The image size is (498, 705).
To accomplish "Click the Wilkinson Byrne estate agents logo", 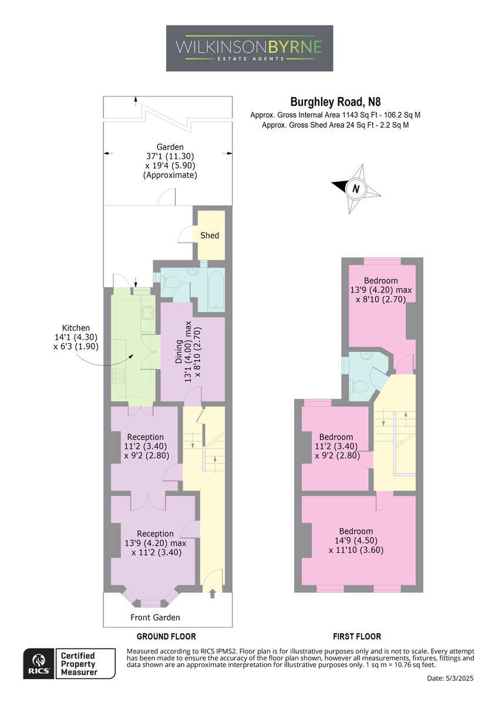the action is (x=249, y=48).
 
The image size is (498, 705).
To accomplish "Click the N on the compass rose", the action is (x=356, y=189).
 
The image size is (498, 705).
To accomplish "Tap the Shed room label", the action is (x=210, y=236).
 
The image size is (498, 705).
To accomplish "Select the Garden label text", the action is (x=170, y=147).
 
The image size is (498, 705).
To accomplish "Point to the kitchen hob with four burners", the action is (x=119, y=376).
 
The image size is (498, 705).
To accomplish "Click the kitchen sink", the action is (x=147, y=313).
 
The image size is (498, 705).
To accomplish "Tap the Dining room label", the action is (x=179, y=351).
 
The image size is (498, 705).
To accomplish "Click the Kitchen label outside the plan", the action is (x=76, y=328).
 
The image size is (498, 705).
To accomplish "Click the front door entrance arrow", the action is (x=212, y=593).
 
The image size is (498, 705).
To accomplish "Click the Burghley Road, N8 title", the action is (x=335, y=102).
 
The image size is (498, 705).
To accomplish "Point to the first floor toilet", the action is (x=359, y=386).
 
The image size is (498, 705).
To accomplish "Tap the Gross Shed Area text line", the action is (x=335, y=125).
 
